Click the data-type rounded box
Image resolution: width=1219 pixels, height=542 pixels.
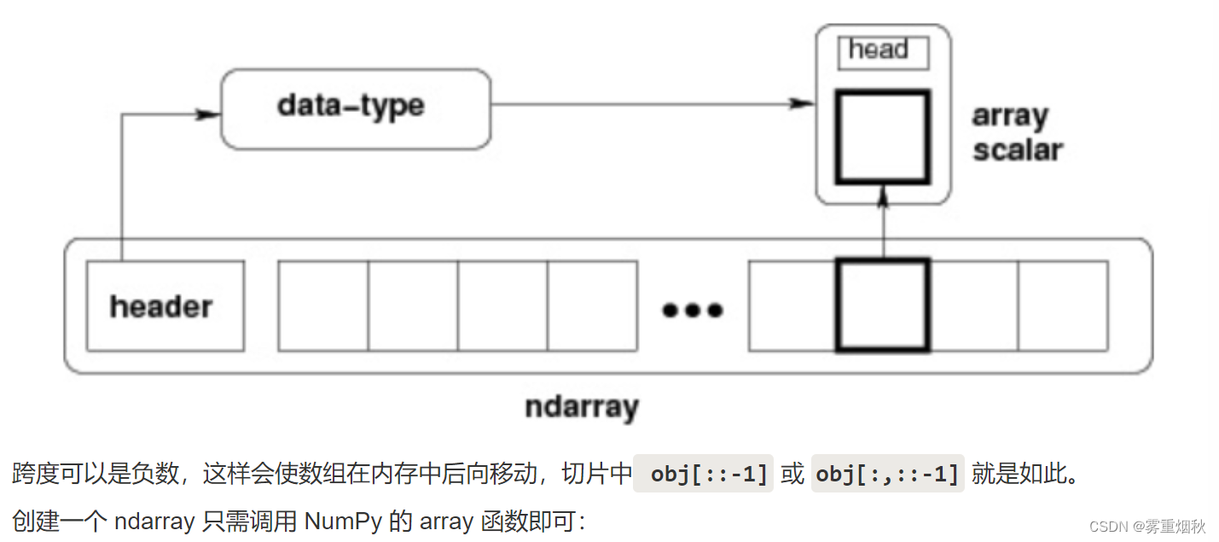[356, 108]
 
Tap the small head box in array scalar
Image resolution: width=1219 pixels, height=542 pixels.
[883, 51]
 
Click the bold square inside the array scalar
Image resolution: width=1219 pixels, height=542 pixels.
[882, 137]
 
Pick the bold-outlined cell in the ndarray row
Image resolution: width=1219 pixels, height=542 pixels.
[882, 306]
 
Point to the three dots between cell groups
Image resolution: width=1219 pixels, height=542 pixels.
[693, 310]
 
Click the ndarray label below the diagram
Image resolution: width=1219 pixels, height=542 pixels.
[581, 406]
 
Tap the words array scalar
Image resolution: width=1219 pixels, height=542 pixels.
[1016, 132]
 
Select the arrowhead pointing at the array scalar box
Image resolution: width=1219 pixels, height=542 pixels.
[802, 103]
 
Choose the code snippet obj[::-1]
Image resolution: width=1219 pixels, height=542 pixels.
[704, 474]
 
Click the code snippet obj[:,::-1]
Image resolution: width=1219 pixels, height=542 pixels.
[887, 474]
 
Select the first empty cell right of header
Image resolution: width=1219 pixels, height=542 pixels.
[323, 306]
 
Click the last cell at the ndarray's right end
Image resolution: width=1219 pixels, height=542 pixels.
[1063, 306]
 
